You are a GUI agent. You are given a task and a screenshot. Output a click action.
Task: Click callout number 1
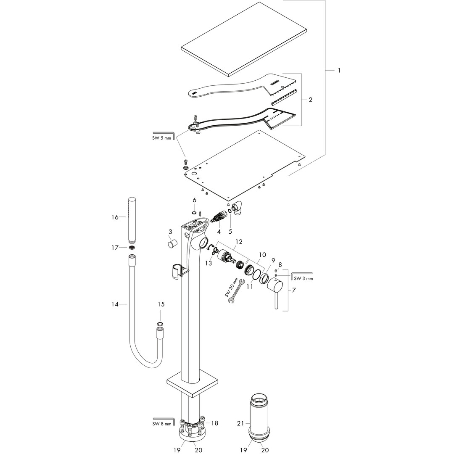[x=339, y=70]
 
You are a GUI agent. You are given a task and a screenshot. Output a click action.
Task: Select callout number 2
[x=310, y=100]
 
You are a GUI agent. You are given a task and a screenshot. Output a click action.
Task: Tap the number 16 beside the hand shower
[x=115, y=217]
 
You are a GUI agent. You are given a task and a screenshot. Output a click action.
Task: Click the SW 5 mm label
[x=162, y=138]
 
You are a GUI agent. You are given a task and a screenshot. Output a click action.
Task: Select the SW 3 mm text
[x=303, y=278]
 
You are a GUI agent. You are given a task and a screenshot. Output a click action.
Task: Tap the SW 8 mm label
[x=162, y=424]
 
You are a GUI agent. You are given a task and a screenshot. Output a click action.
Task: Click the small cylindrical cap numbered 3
[x=172, y=245]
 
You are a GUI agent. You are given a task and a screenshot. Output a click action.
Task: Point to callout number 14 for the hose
[x=115, y=304]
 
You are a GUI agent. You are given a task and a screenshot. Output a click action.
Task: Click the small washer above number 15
[x=160, y=324]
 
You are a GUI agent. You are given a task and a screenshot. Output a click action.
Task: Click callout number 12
[x=239, y=242]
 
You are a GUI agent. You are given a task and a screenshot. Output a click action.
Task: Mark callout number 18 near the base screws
[x=215, y=423]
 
